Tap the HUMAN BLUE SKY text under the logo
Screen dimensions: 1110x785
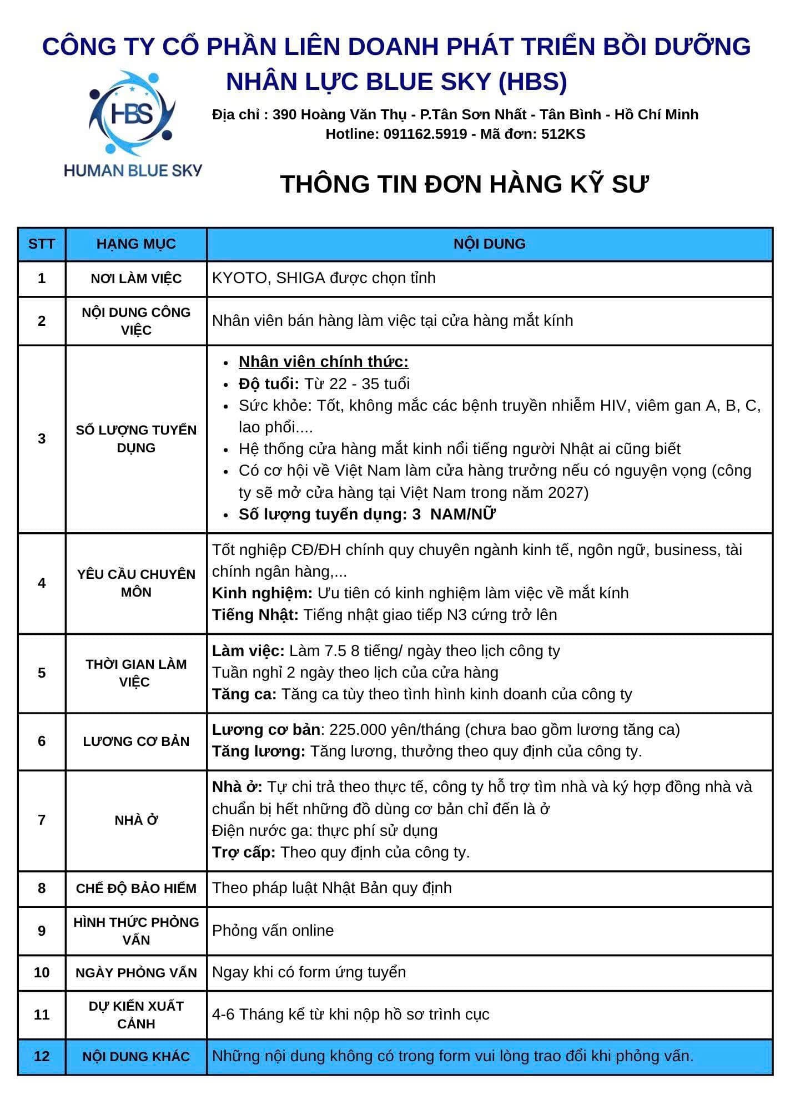133,170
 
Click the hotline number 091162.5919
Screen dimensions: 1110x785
425,134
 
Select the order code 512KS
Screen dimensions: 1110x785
563,134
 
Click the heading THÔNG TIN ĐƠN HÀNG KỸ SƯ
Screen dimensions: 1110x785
464,184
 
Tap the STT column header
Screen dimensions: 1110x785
42,244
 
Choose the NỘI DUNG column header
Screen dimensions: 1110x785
489,244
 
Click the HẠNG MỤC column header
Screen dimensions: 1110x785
136,244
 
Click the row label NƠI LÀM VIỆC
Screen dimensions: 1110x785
136,278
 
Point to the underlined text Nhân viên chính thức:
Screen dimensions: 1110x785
323,362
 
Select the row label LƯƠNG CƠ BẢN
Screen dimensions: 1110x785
136,741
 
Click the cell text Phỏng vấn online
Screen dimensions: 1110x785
273,931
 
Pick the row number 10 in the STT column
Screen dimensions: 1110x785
42,972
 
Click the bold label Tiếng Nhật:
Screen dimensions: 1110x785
255,614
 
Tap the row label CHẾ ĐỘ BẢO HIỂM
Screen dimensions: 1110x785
136,888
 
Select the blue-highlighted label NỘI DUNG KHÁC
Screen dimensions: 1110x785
136,1056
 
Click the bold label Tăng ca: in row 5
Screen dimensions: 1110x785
244,694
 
